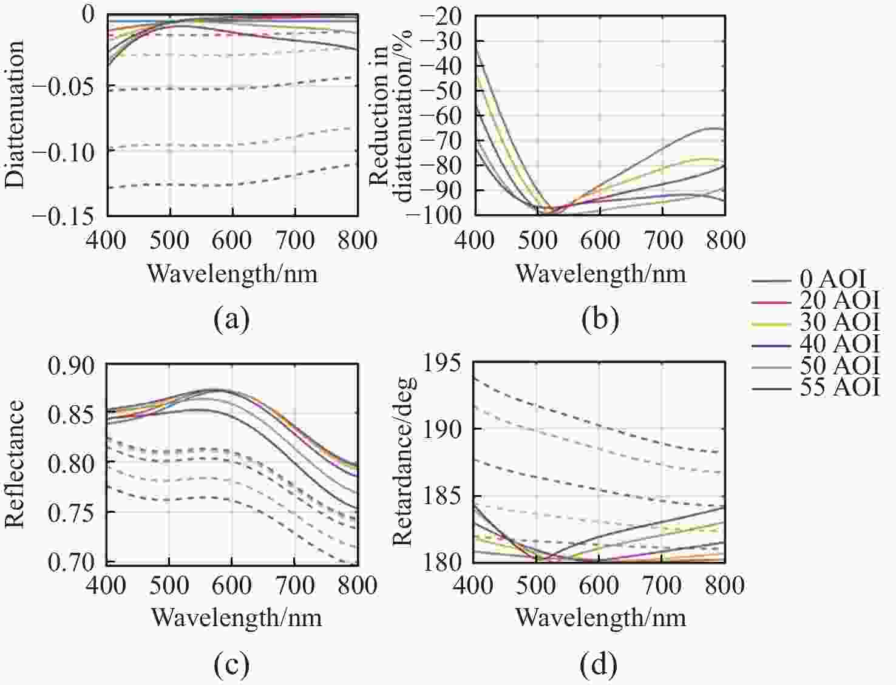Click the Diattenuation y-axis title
(15, 114)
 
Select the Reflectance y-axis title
(15, 464)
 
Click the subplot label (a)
(232, 318)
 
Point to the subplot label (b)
(600, 318)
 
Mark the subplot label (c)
(232, 664)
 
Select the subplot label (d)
(600, 664)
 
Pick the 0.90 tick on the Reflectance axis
(72, 366)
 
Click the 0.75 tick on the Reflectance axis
(72, 513)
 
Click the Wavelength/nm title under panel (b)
(601, 274)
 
